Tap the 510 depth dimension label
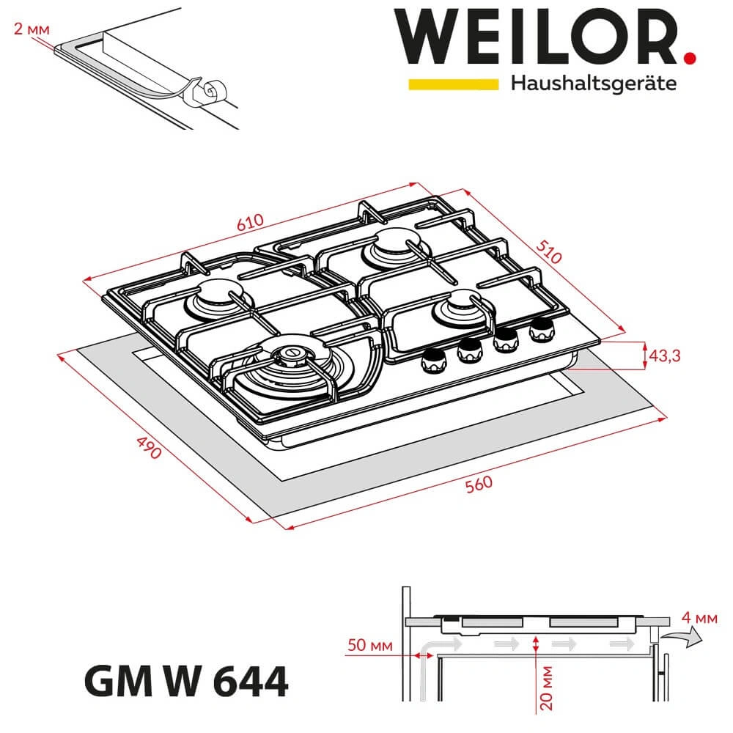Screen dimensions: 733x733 click(x=549, y=250)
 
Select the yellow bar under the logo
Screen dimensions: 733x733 click(x=453, y=84)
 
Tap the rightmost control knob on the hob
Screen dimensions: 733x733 click(x=541, y=329)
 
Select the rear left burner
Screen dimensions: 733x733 click(x=215, y=296)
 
